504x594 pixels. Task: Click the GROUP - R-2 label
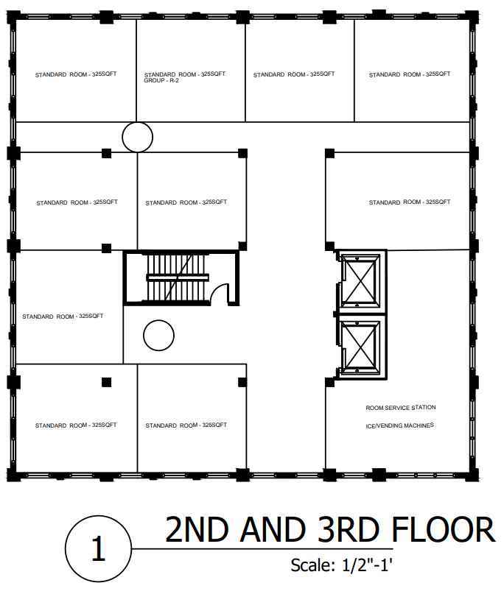pos(161,80)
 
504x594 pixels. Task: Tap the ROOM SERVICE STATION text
pos(400,408)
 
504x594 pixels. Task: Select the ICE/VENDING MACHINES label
pos(399,425)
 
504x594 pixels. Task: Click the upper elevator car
pos(360,280)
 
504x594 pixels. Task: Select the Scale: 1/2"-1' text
pos(341,565)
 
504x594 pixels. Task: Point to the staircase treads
pos(178,277)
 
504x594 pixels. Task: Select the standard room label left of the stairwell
pos(63,316)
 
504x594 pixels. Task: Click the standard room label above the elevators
pos(410,202)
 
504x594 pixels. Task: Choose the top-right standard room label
pos(410,74)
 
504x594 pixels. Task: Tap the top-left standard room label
pos(76,74)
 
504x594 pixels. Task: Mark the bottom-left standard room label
pos(76,425)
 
